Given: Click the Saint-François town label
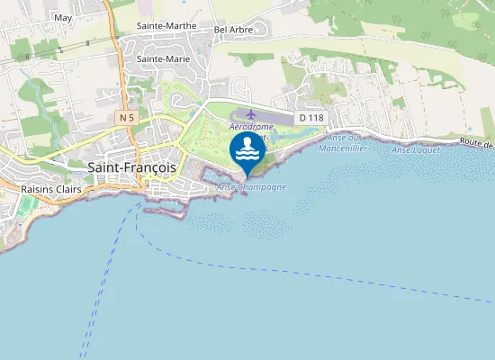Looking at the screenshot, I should click(x=134, y=166).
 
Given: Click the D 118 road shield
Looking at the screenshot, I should click(x=311, y=117).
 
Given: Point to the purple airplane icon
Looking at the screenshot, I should click(x=250, y=115).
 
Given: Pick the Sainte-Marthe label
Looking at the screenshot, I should click(x=167, y=26).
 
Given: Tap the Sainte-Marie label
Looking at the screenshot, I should click(x=163, y=58).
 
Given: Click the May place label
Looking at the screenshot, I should click(x=63, y=17).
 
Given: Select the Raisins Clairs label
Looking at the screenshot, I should click(x=51, y=190).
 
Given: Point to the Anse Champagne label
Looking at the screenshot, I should click(x=252, y=187).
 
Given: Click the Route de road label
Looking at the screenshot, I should click(x=476, y=143).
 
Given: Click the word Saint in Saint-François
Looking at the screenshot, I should click(x=107, y=166).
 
